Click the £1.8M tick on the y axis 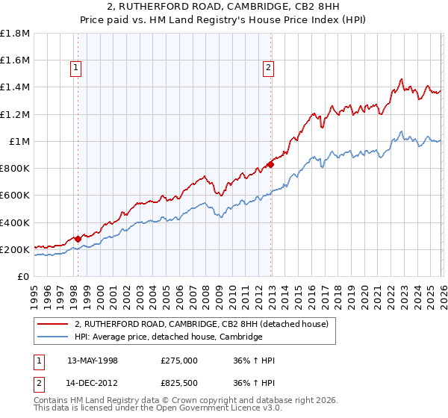(15, 34)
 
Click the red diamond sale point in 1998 (78, 240)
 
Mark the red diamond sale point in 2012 (270, 166)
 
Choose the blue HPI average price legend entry (168, 337)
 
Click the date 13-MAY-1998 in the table (93, 361)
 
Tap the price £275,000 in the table (179, 361)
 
